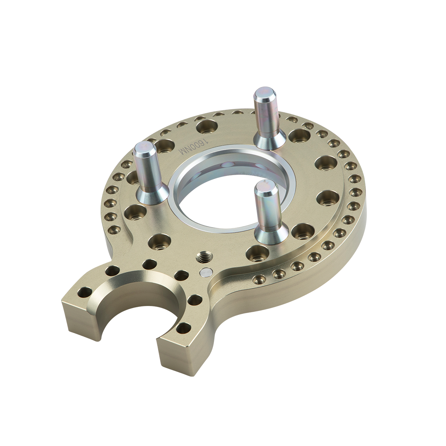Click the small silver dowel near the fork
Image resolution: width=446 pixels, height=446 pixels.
206,272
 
